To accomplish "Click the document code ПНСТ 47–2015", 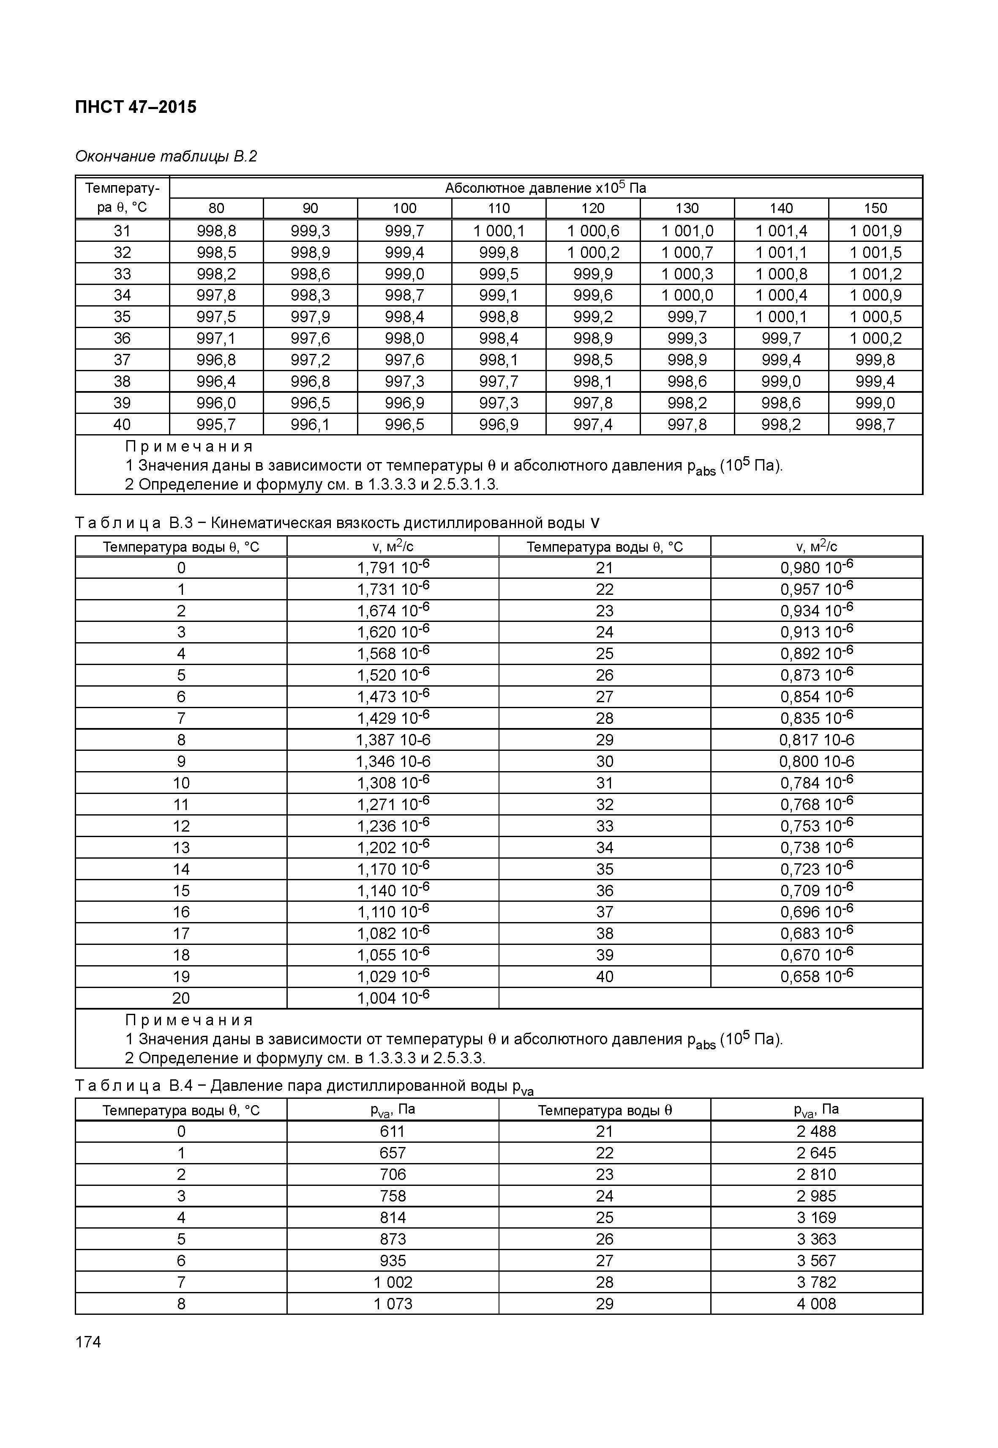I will point(135,107).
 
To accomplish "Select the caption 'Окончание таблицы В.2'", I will point(166,156).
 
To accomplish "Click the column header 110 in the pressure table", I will point(499,208).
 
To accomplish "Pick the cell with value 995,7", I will point(216,424).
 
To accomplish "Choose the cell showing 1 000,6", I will point(592,231).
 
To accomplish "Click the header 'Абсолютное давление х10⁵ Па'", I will point(545,188).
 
